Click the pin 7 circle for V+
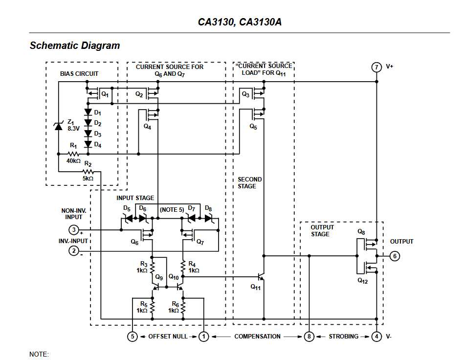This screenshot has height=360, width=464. [x=376, y=67]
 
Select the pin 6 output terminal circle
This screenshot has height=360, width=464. [x=396, y=255]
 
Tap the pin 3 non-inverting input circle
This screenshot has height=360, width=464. [x=73, y=230]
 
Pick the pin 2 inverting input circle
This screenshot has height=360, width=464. [x=73, y=250]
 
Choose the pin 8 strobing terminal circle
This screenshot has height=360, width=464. [x=309, y=337]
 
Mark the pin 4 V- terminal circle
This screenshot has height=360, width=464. [x=376, y=337]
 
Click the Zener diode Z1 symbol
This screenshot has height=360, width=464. [x=58, y=126]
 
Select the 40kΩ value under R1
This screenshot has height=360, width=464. [x=74, y=160]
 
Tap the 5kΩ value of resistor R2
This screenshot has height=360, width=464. [x=88, y=179]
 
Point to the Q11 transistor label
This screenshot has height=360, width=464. [x=256, y=287]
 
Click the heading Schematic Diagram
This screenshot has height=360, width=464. [x=75, y=46]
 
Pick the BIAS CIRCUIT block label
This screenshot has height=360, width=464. [x=79, y=74]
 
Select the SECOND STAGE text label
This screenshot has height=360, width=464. [x=250, y=183]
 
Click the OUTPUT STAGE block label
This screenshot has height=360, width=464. [x=322, y=231]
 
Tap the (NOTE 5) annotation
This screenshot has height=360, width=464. [x=172, y=209]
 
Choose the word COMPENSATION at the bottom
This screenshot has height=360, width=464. [x=257, y=337]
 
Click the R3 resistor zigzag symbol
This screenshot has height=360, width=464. [x=152, y=268]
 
